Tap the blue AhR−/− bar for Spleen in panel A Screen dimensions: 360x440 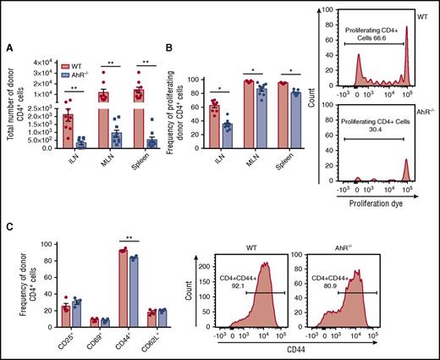click(x=152, y=143)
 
